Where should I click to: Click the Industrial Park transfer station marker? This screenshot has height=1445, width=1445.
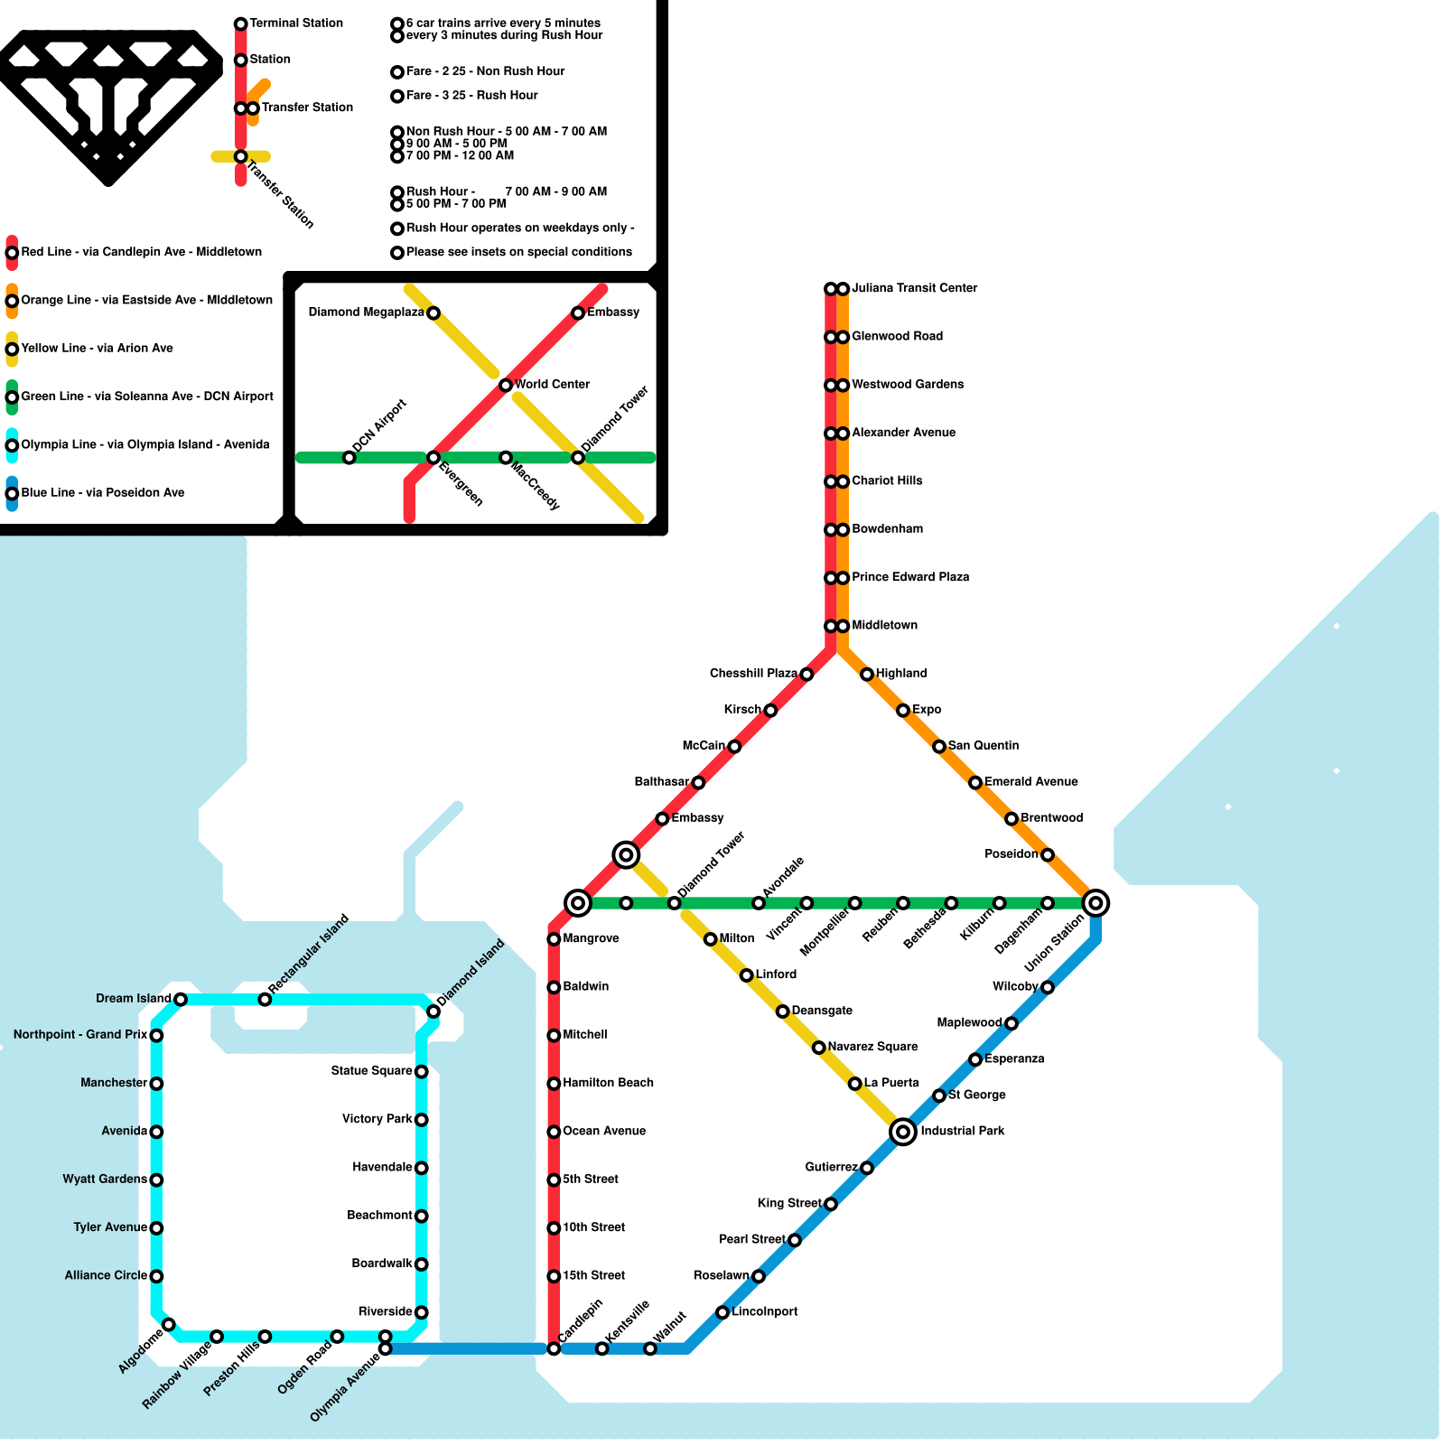[903, 1132]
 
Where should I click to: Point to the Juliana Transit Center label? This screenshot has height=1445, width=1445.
[914, 288]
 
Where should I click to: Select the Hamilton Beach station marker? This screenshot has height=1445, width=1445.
[554, 1084]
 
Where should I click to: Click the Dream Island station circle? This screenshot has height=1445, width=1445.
[181, 999]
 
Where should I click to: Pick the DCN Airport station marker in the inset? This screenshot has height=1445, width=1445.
[350, 458]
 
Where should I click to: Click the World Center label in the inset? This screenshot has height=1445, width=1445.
[552, 385]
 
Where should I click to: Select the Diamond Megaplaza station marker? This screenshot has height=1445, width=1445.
[433, 313]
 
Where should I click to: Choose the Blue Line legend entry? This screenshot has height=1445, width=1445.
[102, 493]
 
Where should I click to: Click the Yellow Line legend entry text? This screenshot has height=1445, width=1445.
[97, 349]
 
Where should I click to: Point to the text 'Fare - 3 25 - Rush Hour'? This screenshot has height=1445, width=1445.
[471, 96]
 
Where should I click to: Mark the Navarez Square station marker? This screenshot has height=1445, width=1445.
[818, 1048]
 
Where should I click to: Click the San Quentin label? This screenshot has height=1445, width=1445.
[984, 746]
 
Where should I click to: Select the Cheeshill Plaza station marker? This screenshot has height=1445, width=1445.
[806, 675]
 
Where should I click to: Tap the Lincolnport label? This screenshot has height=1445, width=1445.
[764, 1312]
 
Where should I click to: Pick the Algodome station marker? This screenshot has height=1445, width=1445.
[169, 1325]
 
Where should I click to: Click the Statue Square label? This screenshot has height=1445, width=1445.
[371, 1071]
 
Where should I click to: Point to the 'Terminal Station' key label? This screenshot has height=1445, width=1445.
[296, 23]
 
